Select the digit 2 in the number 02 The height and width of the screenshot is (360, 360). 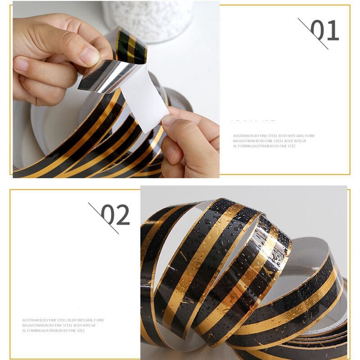[x=122, y=215]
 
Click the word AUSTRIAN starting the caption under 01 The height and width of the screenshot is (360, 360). [x=240, y=135]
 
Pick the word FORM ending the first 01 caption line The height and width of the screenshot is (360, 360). [x=310, y=135]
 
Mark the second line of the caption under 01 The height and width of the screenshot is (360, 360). [x=270, y=141]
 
